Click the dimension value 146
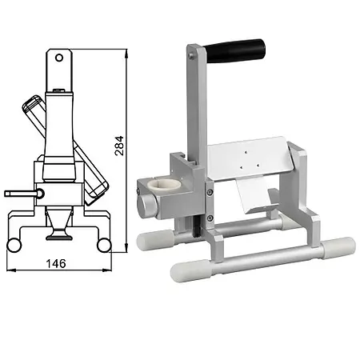pyautogui.click(x=55, y=263)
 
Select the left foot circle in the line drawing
pyautogui.click(x=13, y=244)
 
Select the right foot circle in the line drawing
pyautogui.click(x=103, y=244)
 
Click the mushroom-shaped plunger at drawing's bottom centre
pyautogui.click(x=58, y=234)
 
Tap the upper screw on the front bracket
pyautogui.click(x=210, y=191)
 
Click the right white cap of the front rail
pyautogui.click(x=338, y=246)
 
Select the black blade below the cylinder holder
pyautogui.click(x=194, y=228)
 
